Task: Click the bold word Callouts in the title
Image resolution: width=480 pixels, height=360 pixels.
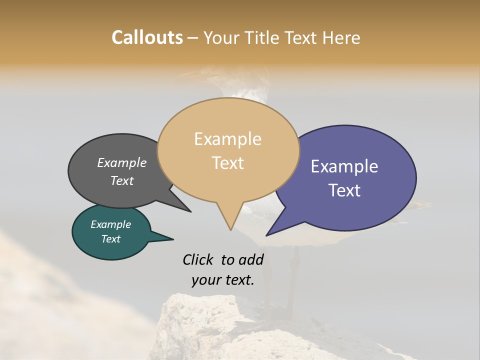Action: click(x=147, y=37)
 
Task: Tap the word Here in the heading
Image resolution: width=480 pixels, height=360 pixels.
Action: click(x=341, y=37)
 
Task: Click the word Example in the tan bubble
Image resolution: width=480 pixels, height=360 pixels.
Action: click(x=227, y=139)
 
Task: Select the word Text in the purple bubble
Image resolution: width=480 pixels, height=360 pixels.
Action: click(x=344, y=190)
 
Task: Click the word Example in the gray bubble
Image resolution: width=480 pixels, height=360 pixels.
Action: click(x=122, y=162)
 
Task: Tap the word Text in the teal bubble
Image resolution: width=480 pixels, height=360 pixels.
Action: click(x=111, y=239)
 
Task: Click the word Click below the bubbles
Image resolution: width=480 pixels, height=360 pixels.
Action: click(x=197, y=259)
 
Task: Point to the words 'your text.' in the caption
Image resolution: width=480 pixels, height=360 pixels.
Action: click(x=223, y=280)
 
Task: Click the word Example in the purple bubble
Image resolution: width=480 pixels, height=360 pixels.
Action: click(x=344, y=166)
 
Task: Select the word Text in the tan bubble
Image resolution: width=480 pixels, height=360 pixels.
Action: click(x=228, y=163)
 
